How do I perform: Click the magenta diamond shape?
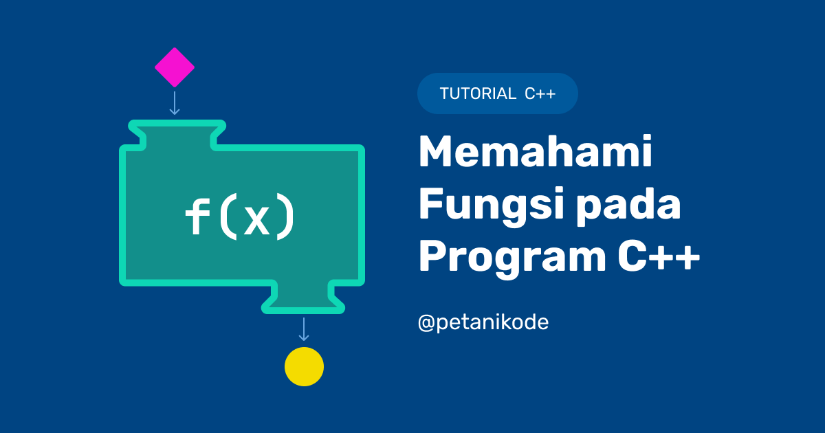pyautogui.click(x=175, y=67)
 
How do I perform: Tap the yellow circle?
pyautogui.click(x=304, y=366)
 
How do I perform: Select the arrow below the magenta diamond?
pyautogui.click(x=175, y=102)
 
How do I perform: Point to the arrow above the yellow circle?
pyautogui.click(x=304, y=329)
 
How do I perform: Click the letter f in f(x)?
pyautogui.click(x=198, y=217)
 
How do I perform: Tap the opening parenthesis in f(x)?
pyautogui.click(x=228, y=219)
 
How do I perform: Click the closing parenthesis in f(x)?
pyautogui.click(x=285, y=219)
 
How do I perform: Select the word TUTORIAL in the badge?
pyautogui.click(x=478, y=94)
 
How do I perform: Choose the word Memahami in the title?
pyautogui.click(x=536, y=154)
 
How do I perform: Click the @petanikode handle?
pyautogui.click(x=483, y=322)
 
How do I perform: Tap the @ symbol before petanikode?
pyautogui.click(x=426, y=323)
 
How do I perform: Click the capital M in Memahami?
pyautogui.click(x=437, y=153)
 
